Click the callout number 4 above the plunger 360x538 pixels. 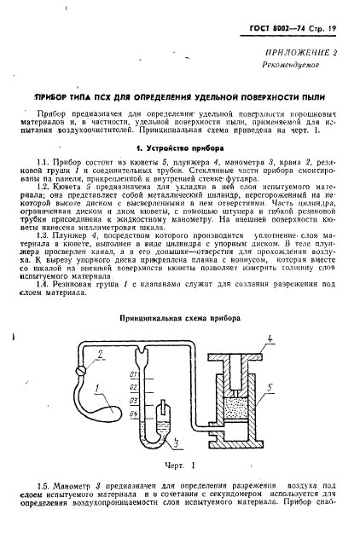(x=270, y=341)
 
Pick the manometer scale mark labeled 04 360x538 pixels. (x=134, y=414)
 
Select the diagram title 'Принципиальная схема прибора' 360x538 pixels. (x=179, y=317)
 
